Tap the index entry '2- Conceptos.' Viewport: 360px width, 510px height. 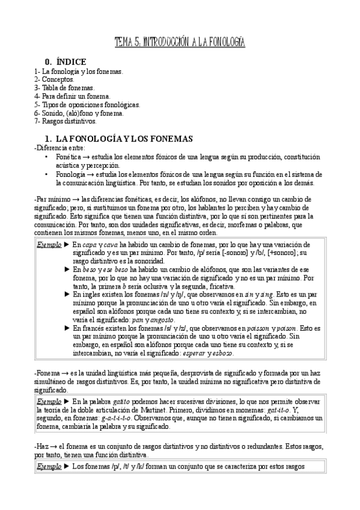[x=55, y=79]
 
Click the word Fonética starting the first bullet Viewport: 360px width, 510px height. [x=69, y=157]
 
